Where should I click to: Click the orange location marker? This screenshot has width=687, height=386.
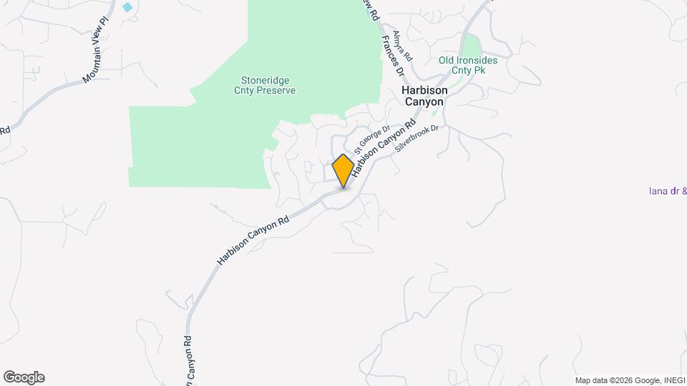(x=343, y=171)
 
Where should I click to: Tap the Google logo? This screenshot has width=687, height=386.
(x=24, y=377)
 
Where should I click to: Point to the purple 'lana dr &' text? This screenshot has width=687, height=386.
(x=667, y=191)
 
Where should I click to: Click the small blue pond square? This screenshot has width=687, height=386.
(x=127, y=7)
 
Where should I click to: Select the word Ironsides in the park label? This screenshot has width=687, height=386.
(x=475, y=60)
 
